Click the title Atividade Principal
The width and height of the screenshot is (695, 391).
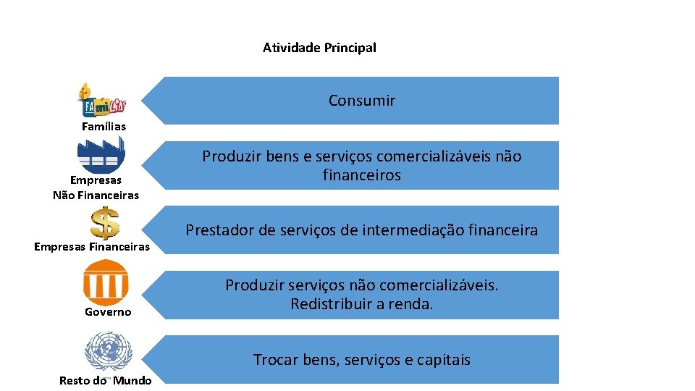(319, 48)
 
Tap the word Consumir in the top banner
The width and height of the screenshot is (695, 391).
(362, 101)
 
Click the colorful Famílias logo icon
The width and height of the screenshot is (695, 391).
(102, 100)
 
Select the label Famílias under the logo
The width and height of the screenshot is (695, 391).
(104, 127)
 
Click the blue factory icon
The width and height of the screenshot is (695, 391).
(101, 155)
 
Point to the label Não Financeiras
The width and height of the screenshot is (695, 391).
(96, 195)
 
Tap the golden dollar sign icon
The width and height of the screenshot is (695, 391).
(106, 223)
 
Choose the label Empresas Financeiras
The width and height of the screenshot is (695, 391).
(92, 247)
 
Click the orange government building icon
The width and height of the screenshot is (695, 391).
(106, 282)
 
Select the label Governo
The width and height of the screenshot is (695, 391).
(108, 312)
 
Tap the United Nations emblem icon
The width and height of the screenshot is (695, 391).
(109, 351)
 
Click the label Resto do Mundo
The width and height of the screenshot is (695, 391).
(106, 381)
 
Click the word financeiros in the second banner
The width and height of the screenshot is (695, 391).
(362, 175)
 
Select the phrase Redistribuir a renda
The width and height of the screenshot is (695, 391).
(362, 304)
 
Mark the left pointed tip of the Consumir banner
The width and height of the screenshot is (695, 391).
(143, 101)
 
